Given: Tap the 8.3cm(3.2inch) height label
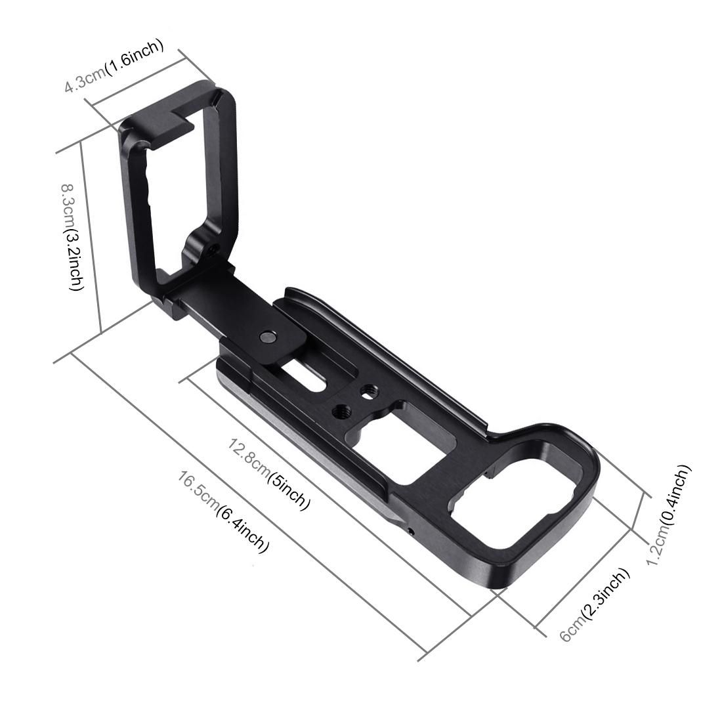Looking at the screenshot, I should (x=71, y=236).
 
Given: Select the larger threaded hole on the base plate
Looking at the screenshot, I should (x=341, y=412).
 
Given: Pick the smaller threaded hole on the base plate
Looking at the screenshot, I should (x=368, y=392).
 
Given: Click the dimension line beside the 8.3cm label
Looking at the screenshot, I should (x=91, y=236).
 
